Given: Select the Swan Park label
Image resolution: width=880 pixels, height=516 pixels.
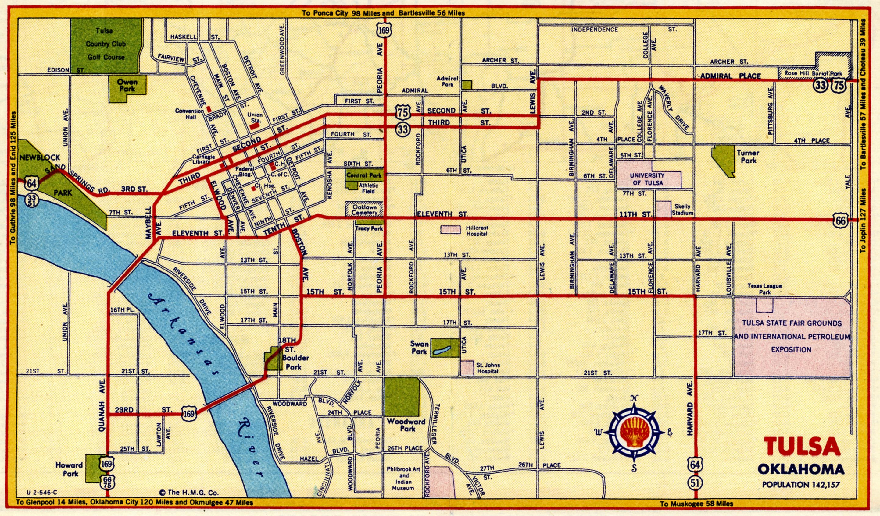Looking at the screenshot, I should (419, 348).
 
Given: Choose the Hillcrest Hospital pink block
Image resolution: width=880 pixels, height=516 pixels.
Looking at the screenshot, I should (451, 229).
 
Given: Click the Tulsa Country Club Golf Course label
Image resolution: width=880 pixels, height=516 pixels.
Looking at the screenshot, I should (106, 44).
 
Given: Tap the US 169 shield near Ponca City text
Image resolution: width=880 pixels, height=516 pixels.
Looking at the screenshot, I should (384, 30).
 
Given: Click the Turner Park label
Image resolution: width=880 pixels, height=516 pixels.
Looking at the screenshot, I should (748, 157).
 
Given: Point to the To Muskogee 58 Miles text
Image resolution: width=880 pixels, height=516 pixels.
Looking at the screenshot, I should (696, 504).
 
